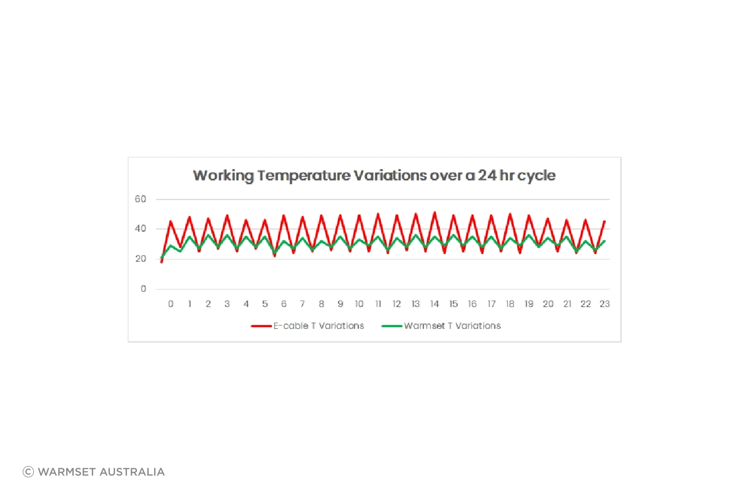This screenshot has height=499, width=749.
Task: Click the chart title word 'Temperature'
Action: point(304,176)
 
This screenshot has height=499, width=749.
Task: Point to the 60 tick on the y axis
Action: point(140,199)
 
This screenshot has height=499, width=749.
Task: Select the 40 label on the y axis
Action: point(140,228)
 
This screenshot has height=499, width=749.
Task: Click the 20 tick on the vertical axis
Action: point(140,258)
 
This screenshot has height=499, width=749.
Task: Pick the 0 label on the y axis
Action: point(144,289)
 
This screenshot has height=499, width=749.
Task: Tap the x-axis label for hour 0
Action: point(171,304)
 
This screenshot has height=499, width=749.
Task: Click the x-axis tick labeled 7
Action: point(302,304)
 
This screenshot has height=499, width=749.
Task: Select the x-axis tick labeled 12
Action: point(397,304)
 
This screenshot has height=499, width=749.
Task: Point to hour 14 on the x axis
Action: point(435,304)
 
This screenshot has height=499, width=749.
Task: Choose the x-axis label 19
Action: point(529,304)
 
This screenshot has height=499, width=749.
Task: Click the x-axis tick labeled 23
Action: point(605,304)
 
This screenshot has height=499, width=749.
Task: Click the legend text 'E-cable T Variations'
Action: point(319,326)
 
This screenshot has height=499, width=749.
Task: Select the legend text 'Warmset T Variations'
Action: point(453,326)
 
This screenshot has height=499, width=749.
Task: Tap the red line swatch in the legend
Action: point(261,326)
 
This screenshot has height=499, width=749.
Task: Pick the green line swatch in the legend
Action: point(392,326)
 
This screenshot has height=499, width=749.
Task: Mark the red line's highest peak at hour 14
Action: point(435,212)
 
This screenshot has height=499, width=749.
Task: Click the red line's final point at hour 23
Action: point(605,221)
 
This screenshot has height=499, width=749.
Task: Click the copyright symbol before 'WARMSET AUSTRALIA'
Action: point(28,472)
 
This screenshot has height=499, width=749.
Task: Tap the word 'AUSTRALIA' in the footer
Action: point(132,472)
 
